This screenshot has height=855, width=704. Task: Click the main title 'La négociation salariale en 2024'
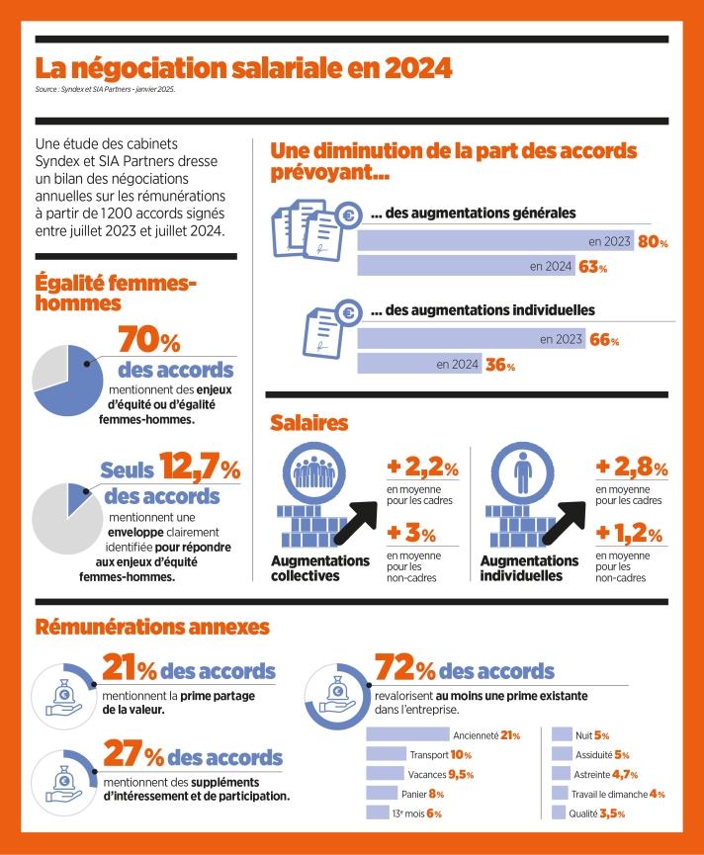(x=243, y=69)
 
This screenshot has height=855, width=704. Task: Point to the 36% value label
(x=499, y=365)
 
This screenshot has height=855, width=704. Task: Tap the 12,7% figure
(x=202, y=466)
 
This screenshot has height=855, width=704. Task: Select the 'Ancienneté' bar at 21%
(x=407, y=734)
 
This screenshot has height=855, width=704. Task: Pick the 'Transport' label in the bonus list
(x=429, y=754)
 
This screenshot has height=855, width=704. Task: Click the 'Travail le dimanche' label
(x=609, y=794)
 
